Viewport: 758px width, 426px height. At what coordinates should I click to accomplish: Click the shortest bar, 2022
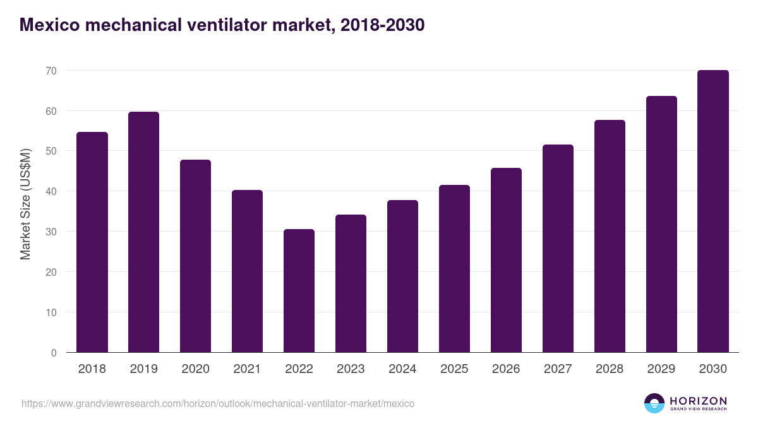click(x=299, y=291)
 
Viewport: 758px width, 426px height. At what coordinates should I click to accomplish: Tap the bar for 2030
click(x=713, y=211)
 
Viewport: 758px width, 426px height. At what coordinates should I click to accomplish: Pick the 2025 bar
click(x=454, y=269)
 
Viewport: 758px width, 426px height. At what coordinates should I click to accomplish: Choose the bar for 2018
click(x=92, y=242)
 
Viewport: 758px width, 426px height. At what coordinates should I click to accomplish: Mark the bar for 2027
click(x=558, y=249)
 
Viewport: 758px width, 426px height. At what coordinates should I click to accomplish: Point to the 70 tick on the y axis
click(x=51, y=71)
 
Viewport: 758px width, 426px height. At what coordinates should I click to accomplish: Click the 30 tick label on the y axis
click(x=51, y=232)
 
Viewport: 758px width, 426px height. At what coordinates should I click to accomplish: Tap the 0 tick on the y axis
click(x=54, y=353)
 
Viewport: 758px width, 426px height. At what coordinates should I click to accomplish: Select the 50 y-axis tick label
click(x=51, y=151)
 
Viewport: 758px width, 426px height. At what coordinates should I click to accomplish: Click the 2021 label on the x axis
click(x=247, y=369)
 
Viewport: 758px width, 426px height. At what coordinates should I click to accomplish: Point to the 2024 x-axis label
click(x=402, y=369)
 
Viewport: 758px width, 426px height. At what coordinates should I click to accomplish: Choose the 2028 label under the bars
click(x=610, y=369)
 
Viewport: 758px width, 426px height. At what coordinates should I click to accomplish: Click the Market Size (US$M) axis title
click(x=25, y=203)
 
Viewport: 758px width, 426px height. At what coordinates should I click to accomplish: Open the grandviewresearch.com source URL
click(x=218, y=403)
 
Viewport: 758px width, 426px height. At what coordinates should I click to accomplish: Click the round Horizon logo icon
click(x=654, y=403)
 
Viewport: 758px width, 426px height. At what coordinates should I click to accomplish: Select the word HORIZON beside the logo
click(x=698, y=401)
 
